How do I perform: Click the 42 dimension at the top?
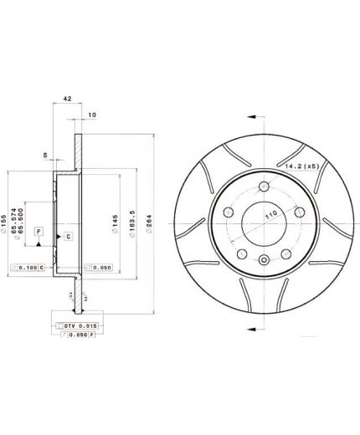(66, 98)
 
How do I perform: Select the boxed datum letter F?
(39, 228)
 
